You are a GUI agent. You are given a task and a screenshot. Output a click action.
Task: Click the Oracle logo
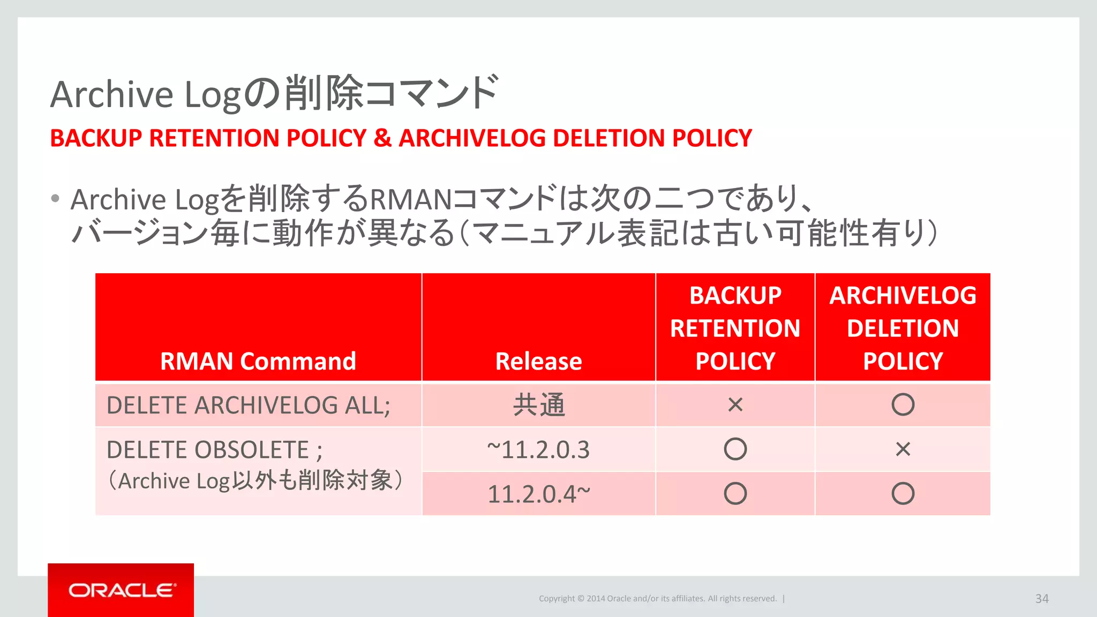(121, 590)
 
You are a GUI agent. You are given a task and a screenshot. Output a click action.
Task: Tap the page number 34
(1041, 599)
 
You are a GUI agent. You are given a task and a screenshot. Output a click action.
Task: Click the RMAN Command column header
(258, 361)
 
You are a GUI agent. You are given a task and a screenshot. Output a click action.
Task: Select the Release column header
(538, 361)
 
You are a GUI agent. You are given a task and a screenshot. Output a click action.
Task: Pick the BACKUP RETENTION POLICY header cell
(735, 328)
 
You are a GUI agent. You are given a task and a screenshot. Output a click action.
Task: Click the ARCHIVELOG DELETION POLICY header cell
(903, 328)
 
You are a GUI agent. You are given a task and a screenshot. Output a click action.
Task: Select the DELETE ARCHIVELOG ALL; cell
(249, 405)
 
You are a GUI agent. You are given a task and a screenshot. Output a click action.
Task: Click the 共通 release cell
(538, 405)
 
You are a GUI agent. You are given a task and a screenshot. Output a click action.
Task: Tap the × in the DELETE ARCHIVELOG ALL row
(735, 405)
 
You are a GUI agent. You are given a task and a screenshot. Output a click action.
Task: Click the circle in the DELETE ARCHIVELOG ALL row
(903, 404)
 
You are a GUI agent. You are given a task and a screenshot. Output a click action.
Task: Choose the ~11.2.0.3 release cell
(538, 449)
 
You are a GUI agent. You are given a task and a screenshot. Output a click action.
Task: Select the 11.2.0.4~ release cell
(538, 494)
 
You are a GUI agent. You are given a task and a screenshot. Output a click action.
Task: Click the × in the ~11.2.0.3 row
(903, 449)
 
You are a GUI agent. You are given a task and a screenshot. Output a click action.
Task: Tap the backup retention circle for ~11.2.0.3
(735, 449)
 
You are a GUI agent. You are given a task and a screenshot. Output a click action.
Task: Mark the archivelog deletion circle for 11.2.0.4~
(903, 493)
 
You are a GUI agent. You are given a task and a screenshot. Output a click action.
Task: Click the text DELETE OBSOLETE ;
(214, 450)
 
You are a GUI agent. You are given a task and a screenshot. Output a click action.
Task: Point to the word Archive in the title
(111, 95)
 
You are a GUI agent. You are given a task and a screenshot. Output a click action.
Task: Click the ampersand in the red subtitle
(382, 138)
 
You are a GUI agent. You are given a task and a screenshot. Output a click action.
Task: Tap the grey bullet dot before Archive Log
(55, 199)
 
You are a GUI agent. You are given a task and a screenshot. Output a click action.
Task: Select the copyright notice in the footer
(657, 599)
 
